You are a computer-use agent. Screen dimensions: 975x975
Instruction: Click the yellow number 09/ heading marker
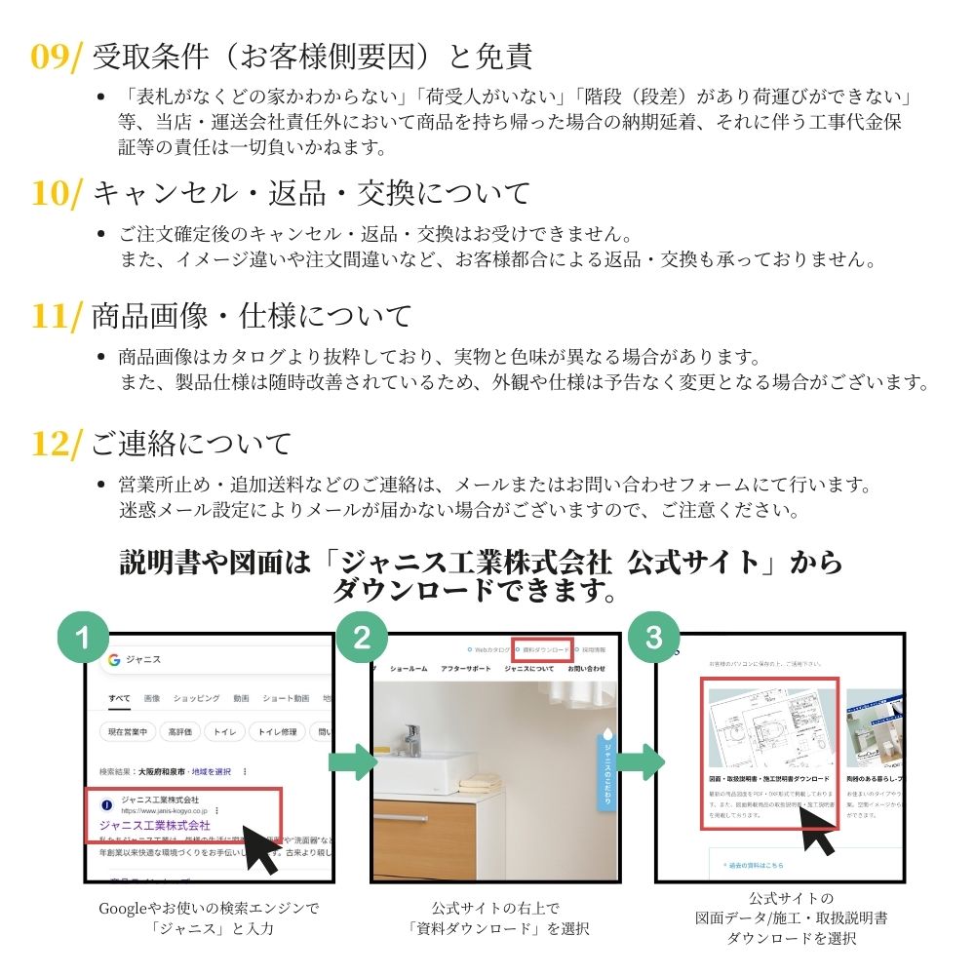pos(58,57)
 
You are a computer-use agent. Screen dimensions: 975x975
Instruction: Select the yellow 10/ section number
pos(58,192)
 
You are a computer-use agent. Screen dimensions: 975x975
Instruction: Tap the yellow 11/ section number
pos(58,316)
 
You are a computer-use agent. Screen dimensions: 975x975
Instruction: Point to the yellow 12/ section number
pos(58,445)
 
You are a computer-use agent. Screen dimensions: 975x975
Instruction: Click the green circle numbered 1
pos(84,638)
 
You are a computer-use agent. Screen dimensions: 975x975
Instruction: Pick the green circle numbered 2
pos(362,638)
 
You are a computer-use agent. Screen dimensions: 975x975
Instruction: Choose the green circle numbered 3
pos(653,638)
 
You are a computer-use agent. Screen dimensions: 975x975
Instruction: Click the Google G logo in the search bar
pos(114,660)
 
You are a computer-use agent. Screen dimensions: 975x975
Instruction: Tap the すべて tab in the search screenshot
pos(120,698)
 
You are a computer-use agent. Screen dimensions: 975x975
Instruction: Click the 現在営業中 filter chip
pos(128,731)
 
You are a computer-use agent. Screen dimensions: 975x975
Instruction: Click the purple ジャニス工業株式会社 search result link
pos(155,825)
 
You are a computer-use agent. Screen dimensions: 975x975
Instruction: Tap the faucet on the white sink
pos(412,738)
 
